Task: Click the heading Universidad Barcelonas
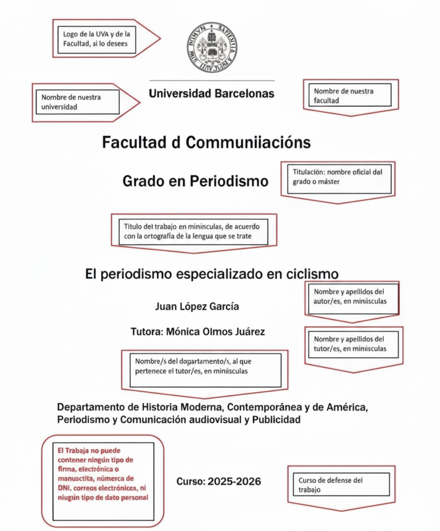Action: pos(211,94)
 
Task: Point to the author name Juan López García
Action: pos(197,307)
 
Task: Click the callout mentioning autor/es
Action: pos(352,297)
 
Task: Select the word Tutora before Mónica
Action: pos(147,332)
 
